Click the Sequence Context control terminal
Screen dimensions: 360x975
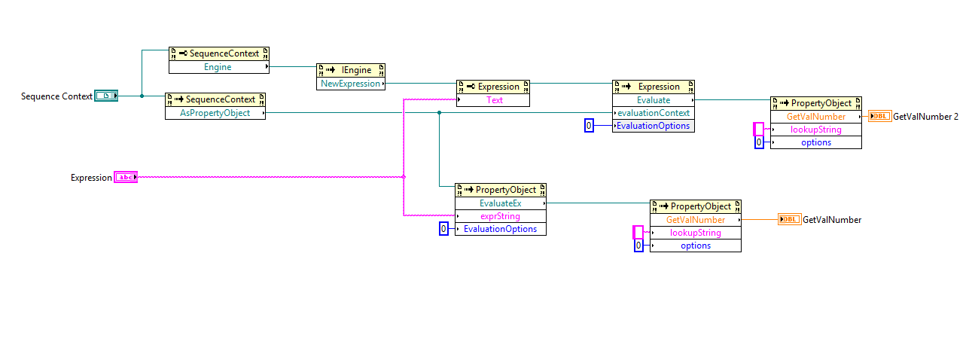(106, 96)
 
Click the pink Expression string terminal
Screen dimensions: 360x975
(125, 177)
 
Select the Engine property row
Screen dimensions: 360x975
(218, 67)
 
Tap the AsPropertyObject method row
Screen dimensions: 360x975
(215, 113)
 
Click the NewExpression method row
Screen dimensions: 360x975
(350, 84)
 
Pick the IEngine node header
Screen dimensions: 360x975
(350, 70)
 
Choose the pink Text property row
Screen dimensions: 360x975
(494, 99)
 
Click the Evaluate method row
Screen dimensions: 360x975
(653, 99)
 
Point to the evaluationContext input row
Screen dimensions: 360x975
(653, 113)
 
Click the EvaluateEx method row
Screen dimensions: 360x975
(500, 203)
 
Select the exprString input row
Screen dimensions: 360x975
(500, 216)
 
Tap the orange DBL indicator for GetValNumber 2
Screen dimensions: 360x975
(879, 116)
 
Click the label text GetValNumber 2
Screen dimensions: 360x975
(925, 116)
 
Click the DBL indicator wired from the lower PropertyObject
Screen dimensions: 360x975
(789, 219)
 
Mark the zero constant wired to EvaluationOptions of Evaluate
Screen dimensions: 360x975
(589, 126)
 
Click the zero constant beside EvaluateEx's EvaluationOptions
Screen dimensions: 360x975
(443, 229)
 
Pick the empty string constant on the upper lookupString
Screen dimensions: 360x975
(758, 129)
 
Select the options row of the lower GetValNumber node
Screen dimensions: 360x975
(695, 246)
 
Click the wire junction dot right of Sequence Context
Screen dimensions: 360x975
(142, 96)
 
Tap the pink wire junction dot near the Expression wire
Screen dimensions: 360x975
(404, 177)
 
